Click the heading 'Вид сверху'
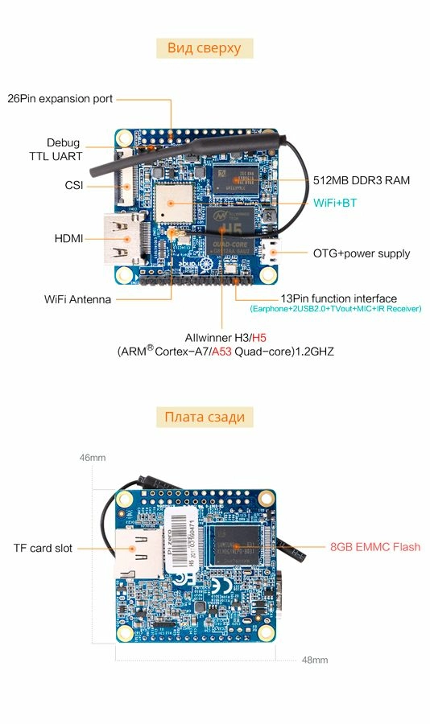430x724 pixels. point(204,47)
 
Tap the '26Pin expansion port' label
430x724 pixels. point(60,99)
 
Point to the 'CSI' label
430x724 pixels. point(74,186)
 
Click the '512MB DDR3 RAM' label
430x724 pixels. point(361,180)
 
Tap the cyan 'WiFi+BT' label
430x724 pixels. point(334,204)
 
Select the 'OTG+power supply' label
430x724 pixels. point(361,253)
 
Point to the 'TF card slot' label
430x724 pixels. point(43,548)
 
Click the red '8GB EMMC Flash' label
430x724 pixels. point(374,547)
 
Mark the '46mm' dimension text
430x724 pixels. point(93,458)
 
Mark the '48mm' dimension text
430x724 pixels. point(314,660)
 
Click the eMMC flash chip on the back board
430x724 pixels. point(238,548)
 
